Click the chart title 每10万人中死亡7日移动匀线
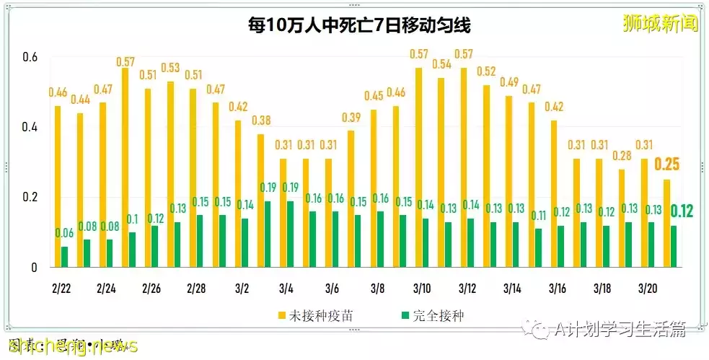coord(358,27)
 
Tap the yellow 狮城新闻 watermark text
coord(661,23)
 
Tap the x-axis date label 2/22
coord(62,289)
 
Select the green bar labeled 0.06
coord(65,257)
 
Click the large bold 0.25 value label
coord(667,164)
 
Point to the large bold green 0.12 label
coord(682,211)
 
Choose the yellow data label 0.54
coord(441,64)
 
